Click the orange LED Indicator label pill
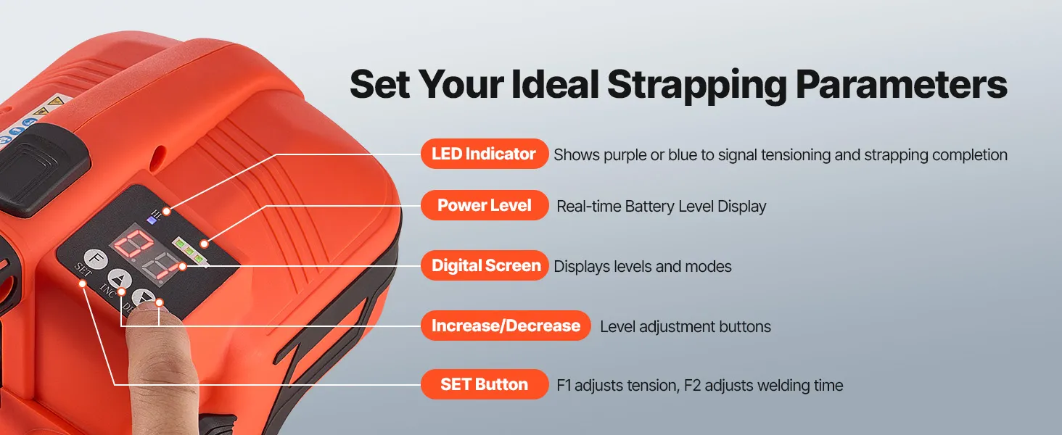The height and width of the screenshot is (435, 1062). tap(485, 154)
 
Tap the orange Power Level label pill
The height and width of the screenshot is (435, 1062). tap(485, 205)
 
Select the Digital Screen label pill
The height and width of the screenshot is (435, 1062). tap(485, 265)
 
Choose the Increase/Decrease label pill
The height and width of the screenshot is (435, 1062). tap(506, 326)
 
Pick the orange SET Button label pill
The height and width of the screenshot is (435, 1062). tap(485, 384)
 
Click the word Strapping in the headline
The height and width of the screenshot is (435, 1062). tap(696, 86)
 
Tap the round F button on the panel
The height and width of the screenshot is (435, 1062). tap(96, 260)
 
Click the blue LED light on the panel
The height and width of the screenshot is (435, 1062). tap(152, 220)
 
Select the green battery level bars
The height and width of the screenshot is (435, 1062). tap(189, 250)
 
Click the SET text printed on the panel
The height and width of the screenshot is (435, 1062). tap(83, 270)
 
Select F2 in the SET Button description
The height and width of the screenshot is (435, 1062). tap(692, 385)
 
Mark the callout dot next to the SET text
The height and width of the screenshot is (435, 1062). tap(83, 283)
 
